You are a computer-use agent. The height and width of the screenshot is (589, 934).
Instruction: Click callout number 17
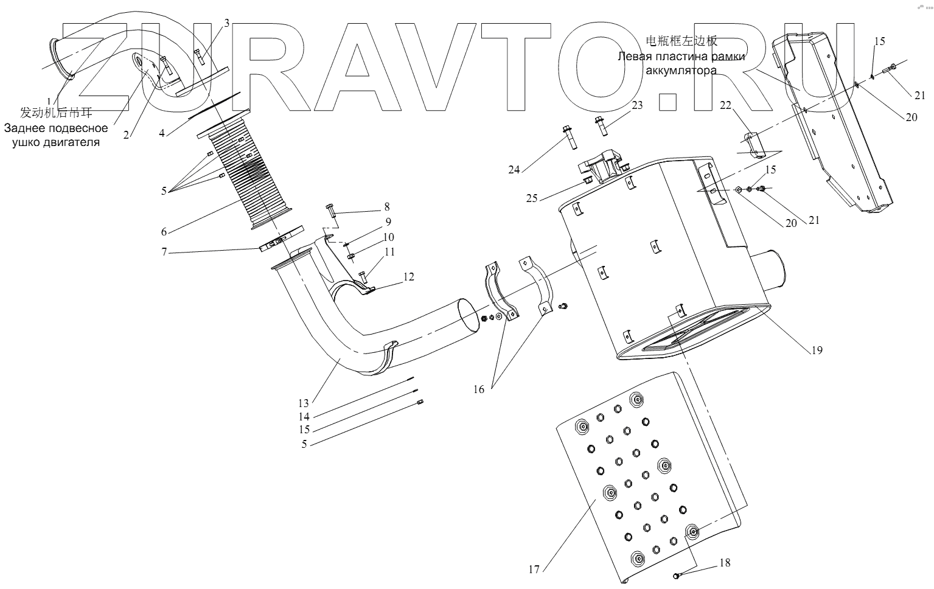[x=534, y=570]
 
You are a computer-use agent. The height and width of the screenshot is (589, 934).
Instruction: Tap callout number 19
[x=817, y=350]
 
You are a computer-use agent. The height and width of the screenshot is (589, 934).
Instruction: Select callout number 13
[x=304, y=403]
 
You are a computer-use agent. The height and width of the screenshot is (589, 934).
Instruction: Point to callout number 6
[x=164, y=232]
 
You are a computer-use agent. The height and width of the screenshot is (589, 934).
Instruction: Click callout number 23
[x=637, y=105]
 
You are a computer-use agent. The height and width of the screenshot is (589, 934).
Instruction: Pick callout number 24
[x=514, y=170]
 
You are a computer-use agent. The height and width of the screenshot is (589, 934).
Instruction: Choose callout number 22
[x=725, y=105]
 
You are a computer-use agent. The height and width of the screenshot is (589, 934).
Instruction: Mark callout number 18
[x=725, y=563]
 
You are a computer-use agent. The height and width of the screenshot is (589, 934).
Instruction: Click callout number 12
[x=409, y=277]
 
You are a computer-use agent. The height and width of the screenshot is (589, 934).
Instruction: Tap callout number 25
[x=532, y=198]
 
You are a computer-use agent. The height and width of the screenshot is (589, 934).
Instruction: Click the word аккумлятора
[x=681, y=70]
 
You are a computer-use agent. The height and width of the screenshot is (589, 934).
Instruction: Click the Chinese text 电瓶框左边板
[x=681, y=41]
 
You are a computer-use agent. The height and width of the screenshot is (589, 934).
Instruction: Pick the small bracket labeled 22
[x=753, y=144]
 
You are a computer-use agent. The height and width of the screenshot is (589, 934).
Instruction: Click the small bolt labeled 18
[x=676, y=576]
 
